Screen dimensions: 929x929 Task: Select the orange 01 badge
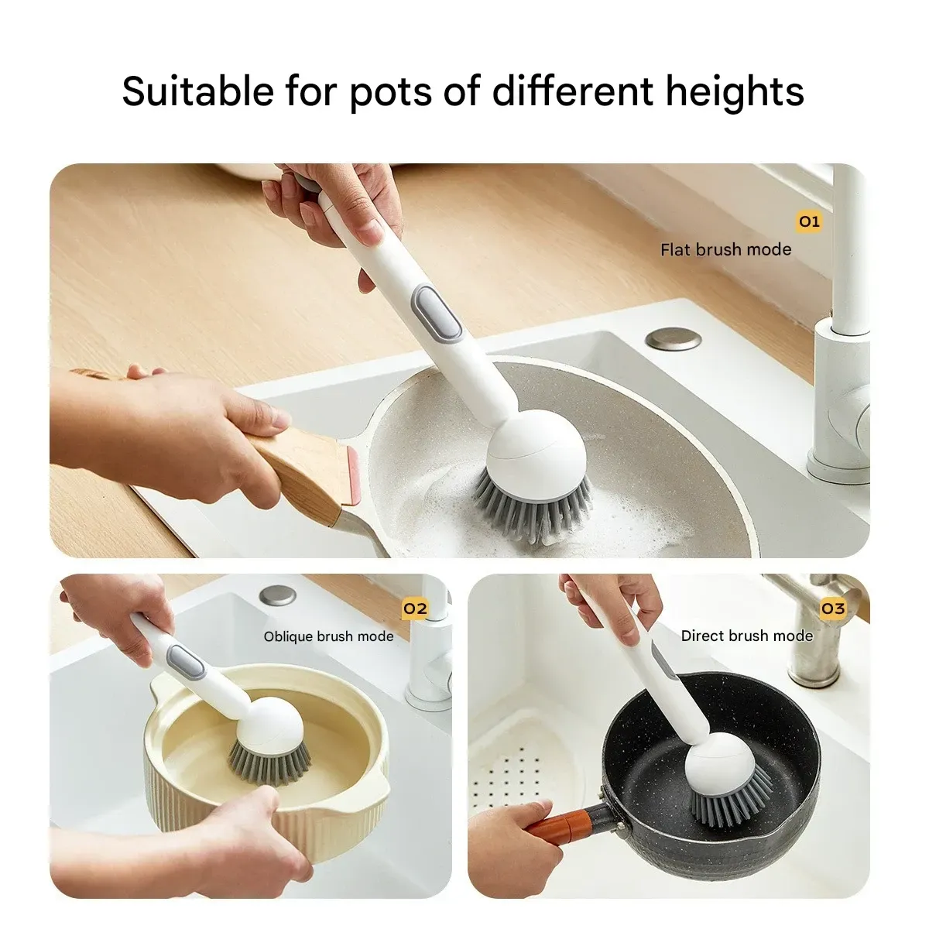point(809,222)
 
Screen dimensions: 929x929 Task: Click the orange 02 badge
point(415,608)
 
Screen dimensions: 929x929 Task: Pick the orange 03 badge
point(832,608)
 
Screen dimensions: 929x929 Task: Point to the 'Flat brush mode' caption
point(725,249)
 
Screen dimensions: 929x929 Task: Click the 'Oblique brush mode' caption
point(328,636)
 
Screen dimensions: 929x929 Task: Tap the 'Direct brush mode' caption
point(746,636)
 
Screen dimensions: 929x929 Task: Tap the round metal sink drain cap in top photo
point(673,338)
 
